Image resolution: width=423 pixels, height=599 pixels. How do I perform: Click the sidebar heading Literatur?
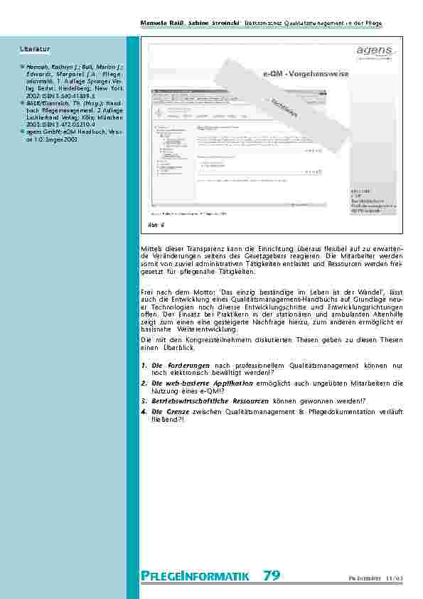point(36,49)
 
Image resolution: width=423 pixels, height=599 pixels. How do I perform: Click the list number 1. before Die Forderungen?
point(144,365)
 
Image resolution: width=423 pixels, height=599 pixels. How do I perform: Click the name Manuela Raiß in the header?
point(166,23)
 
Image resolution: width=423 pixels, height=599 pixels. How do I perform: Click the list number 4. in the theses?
point(144,411)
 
